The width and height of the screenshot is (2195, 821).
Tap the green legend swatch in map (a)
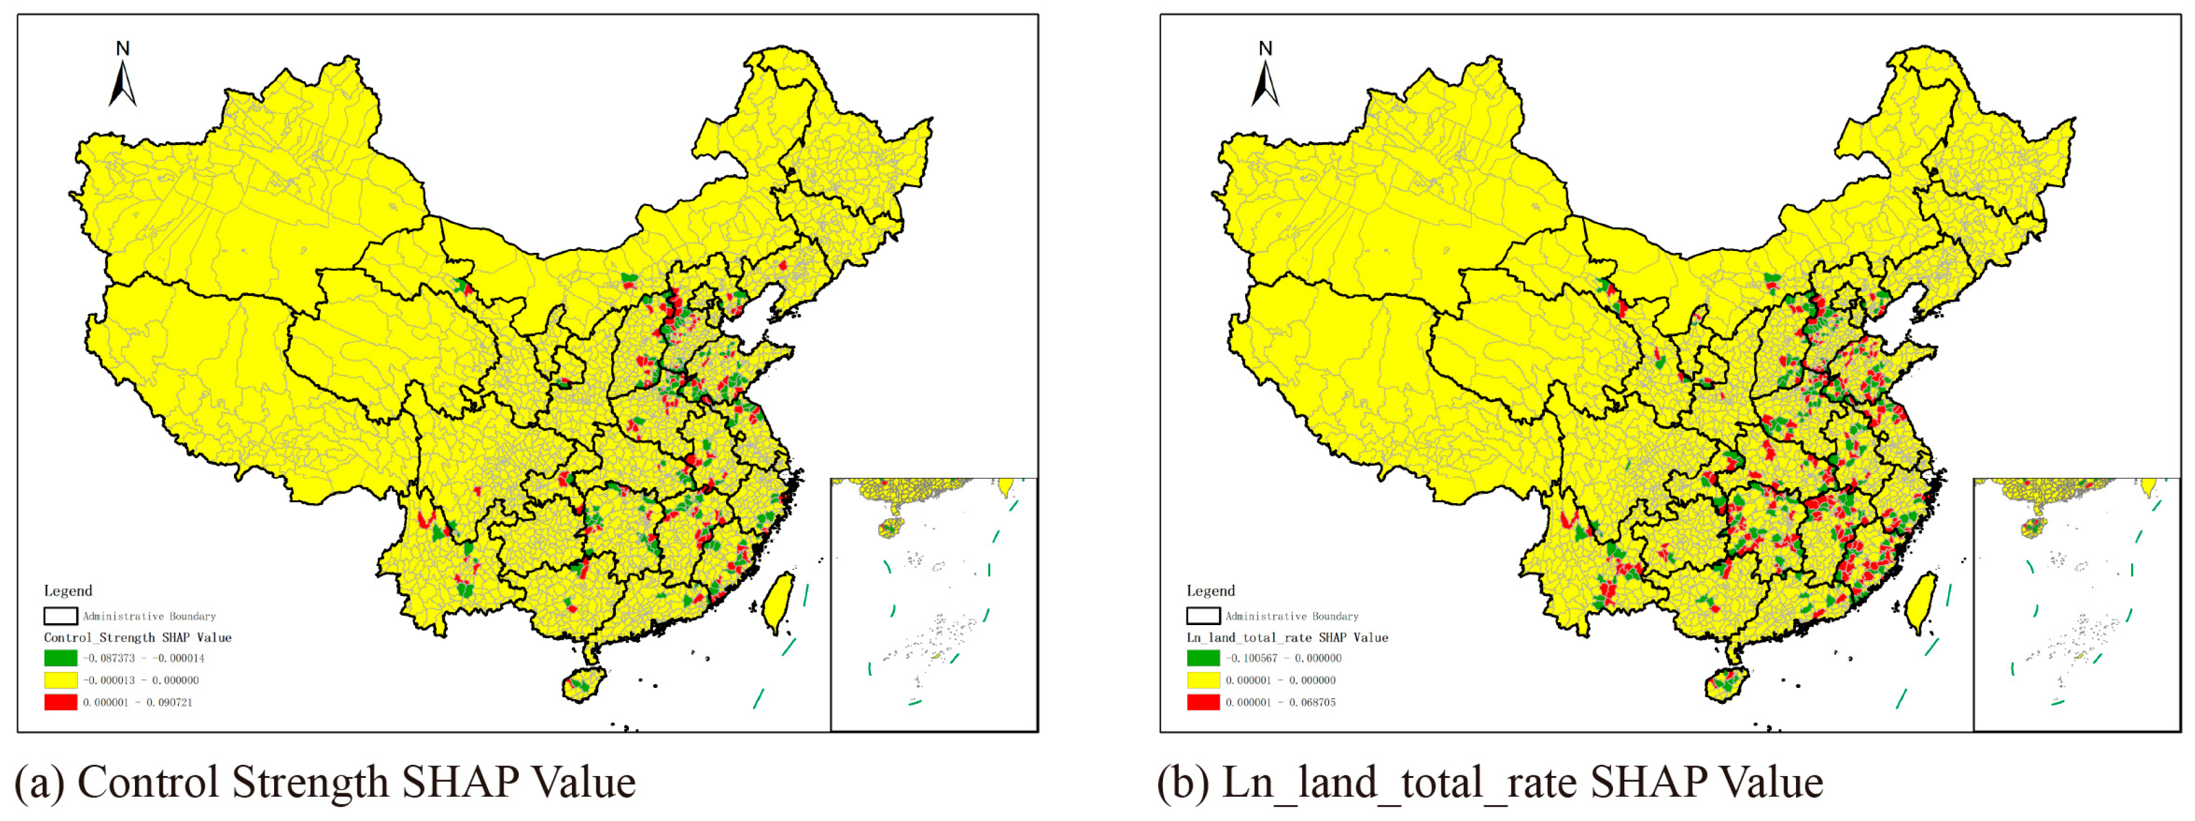[60, 658]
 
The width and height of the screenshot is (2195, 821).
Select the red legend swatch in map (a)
[60, 702]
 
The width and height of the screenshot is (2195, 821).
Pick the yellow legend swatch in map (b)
[1203, 680]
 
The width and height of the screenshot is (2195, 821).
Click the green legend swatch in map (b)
[1203, 658]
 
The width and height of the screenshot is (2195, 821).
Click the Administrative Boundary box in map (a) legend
[60, 615]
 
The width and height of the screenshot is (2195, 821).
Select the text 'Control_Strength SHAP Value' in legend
[137, 637]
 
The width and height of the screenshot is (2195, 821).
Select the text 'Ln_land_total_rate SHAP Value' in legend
[1287, 637]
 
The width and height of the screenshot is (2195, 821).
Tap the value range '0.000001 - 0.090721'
[137, 702]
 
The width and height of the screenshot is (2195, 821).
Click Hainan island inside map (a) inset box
[889, 528]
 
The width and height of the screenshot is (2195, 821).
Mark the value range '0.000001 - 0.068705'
[1280, 702]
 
